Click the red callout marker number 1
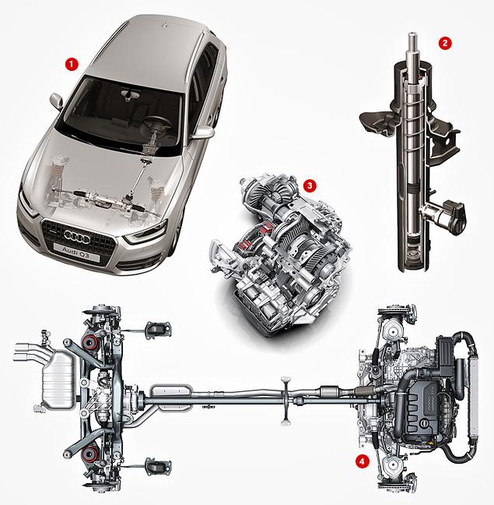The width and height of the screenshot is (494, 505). pos(72,64)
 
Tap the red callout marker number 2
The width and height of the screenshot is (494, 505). pos(445,43)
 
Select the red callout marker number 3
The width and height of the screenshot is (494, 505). pos(310,185)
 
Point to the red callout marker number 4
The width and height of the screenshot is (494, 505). pos(363,461)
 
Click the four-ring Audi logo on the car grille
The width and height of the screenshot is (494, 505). pos(77,237)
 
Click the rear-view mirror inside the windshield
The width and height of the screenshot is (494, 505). pos(129,94)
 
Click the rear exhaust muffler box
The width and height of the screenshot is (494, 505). pos(58,380)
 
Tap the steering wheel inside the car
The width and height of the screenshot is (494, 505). pos(157,123)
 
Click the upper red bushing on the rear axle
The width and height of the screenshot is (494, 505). pos(89,341)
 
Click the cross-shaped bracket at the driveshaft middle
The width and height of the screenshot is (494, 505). pos(286,401)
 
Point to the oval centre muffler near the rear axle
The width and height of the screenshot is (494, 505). pos(171,397)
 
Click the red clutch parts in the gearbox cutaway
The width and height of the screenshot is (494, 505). pos(254,236)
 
